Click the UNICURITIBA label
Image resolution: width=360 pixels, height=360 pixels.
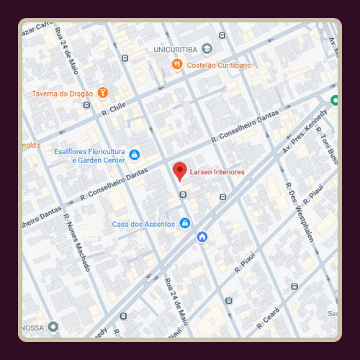point(176,49)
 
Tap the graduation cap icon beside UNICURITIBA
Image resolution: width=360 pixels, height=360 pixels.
point(207,49)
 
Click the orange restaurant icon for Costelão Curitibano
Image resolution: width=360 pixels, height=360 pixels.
point(177,64)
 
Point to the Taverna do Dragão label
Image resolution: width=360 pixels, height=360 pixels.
point(63,93)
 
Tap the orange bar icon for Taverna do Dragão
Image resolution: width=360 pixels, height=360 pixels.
point(104,92)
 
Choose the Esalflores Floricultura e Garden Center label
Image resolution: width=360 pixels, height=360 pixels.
point(89,156)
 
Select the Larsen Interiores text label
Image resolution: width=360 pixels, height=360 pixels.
point(218,172)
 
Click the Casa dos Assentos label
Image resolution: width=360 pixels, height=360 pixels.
point(143,224)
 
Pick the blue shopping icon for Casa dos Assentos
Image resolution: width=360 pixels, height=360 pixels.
point(185,223)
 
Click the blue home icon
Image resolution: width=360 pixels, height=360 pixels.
point(202,237)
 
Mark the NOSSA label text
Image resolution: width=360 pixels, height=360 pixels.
point(32,327)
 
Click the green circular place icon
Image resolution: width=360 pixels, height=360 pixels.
point(334,100)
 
